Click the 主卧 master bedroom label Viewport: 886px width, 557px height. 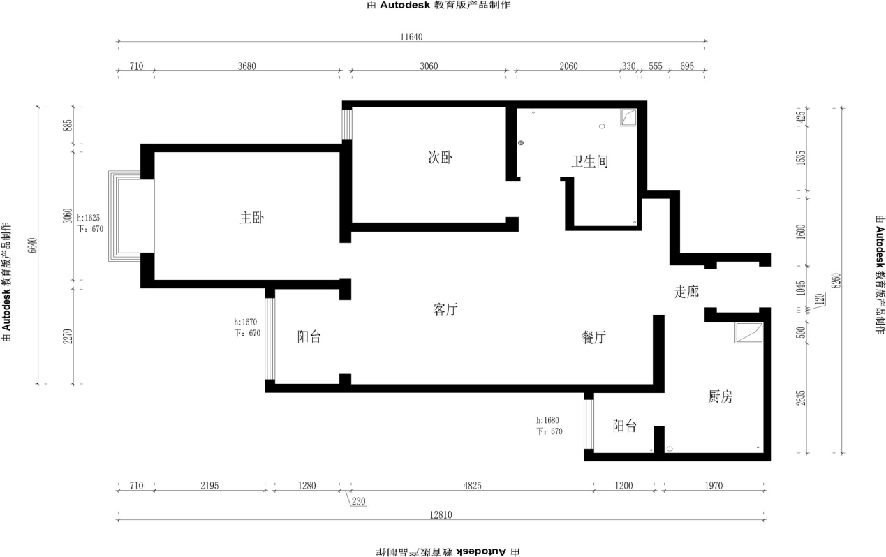(x=252, y=218)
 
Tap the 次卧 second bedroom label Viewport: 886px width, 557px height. (x=441, y=157)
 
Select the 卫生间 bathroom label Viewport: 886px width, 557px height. (x=589, y=161)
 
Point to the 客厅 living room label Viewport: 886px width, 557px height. (x=445, y=309)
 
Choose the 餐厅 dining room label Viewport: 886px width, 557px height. (x=593, y=337)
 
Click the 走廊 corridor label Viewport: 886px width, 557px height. (x=686, y=292)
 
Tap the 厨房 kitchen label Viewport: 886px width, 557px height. (x=721, y=396)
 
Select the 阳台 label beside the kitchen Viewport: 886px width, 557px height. (x=625, y=426)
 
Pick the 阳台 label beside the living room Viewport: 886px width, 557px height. (x=309, y=337)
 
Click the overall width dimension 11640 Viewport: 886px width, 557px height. (x=411, y=37)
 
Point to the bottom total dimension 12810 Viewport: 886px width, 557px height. (x=441, y=515)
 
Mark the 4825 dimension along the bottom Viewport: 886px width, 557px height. (x=472, y=485)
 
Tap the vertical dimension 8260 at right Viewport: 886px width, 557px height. (x=836, y=281)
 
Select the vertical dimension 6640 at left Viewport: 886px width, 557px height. (x=33, y=245)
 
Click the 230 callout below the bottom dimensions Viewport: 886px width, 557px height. (x=358, y=502)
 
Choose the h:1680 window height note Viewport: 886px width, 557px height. (x=547, y=420)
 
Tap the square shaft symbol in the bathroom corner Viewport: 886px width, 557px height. (x=628, y=117)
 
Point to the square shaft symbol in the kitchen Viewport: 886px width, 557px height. (x=748, y=333)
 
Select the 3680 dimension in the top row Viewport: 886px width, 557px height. (x=247, y=66)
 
